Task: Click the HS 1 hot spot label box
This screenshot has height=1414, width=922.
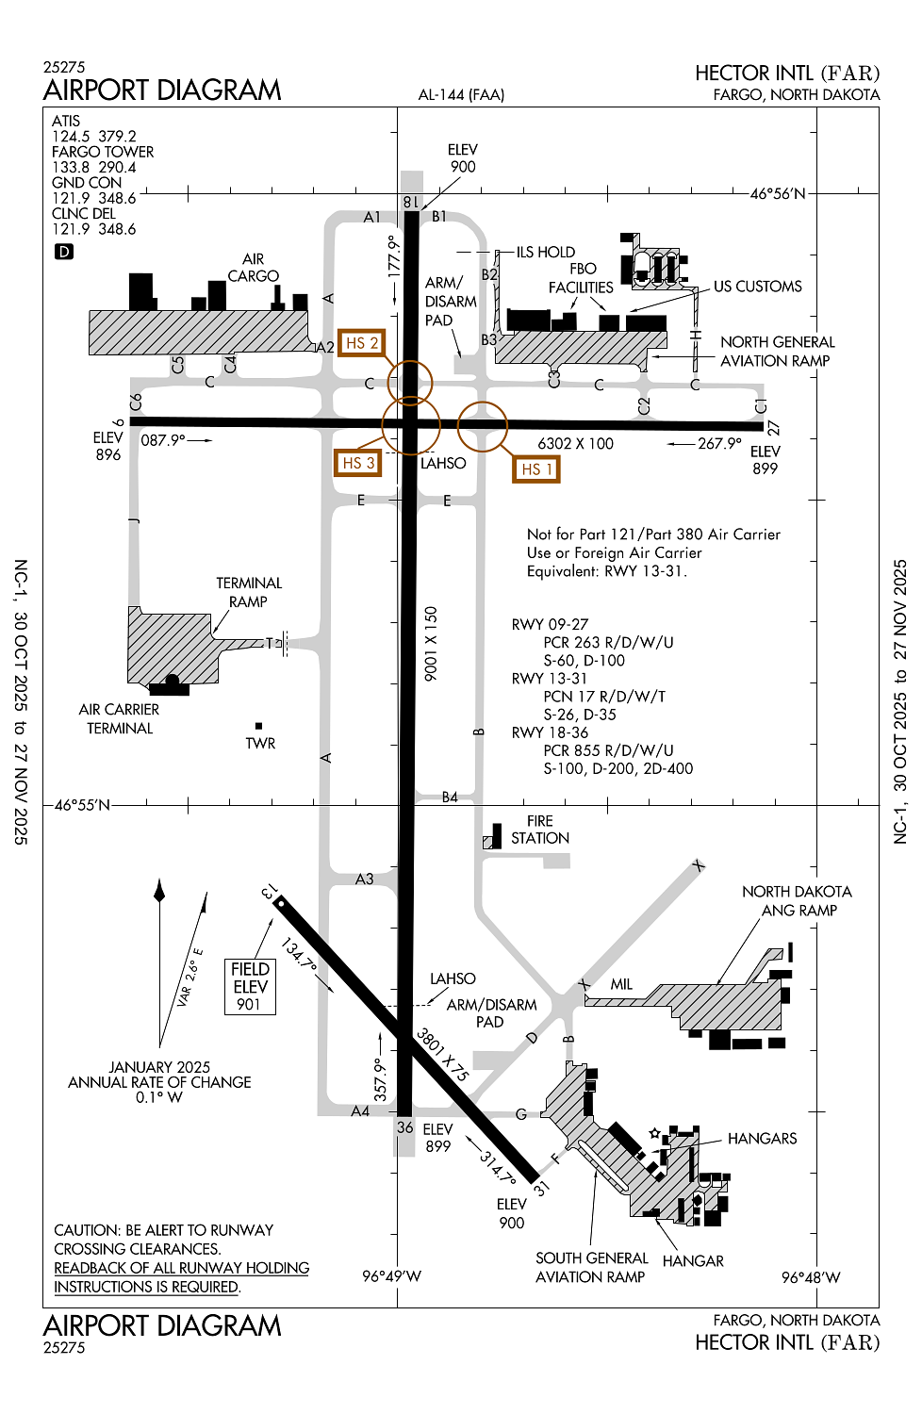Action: (536, 469)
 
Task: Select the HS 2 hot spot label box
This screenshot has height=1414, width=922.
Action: (361, 343)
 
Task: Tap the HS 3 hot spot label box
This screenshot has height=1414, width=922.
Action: (358, 463)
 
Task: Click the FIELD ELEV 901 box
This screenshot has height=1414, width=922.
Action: (250, 986)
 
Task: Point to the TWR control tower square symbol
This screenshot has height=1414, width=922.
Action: (258, 726)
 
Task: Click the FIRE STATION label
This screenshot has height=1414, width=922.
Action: (539, 830)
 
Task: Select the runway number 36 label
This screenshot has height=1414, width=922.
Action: (405, 1126)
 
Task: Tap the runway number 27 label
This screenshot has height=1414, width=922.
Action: (773, 427)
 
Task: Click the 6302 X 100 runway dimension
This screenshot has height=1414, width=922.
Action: (575, 443)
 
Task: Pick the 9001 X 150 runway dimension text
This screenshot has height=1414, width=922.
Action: (431, 644)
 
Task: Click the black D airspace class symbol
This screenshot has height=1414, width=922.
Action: (63, 252)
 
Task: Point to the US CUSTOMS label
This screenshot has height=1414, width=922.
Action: (757, 287)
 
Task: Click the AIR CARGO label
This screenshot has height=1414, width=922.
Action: (253, 268)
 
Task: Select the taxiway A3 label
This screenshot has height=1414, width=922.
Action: (364, 879)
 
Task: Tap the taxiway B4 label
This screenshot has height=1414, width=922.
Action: (450, 797)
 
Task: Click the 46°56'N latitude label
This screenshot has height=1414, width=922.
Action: (778, 193)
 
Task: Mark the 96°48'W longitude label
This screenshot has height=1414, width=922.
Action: (810, 1277)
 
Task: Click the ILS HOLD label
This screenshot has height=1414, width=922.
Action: (545, 252)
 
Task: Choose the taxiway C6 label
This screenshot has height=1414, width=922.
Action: (136, 402)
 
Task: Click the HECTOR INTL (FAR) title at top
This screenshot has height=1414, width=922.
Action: (787, 74)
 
